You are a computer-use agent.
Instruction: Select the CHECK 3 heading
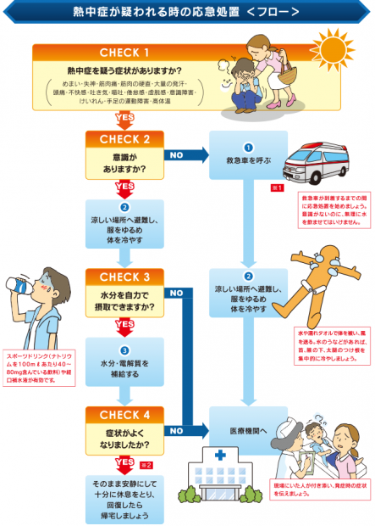(x=124, y=276)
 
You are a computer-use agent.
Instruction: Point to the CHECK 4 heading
(x=124, y=415)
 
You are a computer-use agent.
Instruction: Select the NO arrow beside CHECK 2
(x=186, y=155)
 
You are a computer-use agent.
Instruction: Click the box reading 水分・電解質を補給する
(x=124, y=365)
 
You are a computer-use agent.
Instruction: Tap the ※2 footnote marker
(x=146, y=466)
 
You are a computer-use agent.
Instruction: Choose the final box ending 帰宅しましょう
(x=124, y=498)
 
